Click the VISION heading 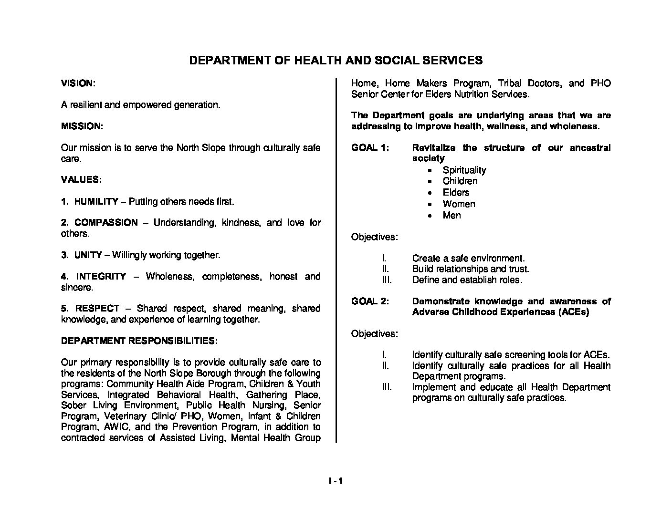tap(77, 83)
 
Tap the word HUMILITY tap(96, 202)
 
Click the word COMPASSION tap(106, 223)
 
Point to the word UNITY tap(88, 255)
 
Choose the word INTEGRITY tap(101, 277)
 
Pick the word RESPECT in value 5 tap(97, 309)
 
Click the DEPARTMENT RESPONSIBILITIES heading tap(139, 341)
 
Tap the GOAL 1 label tap(370, 148)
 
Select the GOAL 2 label tap(370, 301)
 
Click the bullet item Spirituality tap(464, 170)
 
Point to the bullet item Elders tap(456, 193)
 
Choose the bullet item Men tap(451, 216)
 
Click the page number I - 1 tap(336, 481)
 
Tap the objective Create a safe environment tap(468, 259)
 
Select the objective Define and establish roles tap(467, 280)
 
